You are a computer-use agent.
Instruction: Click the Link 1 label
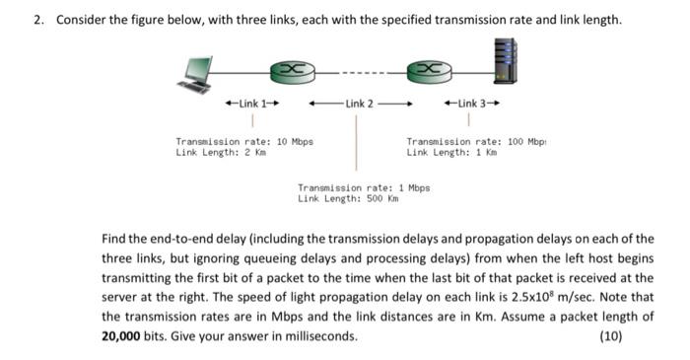click(253, 104)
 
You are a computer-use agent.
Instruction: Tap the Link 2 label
click(359, 104)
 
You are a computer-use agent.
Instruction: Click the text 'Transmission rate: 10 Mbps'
click(243, 141)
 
